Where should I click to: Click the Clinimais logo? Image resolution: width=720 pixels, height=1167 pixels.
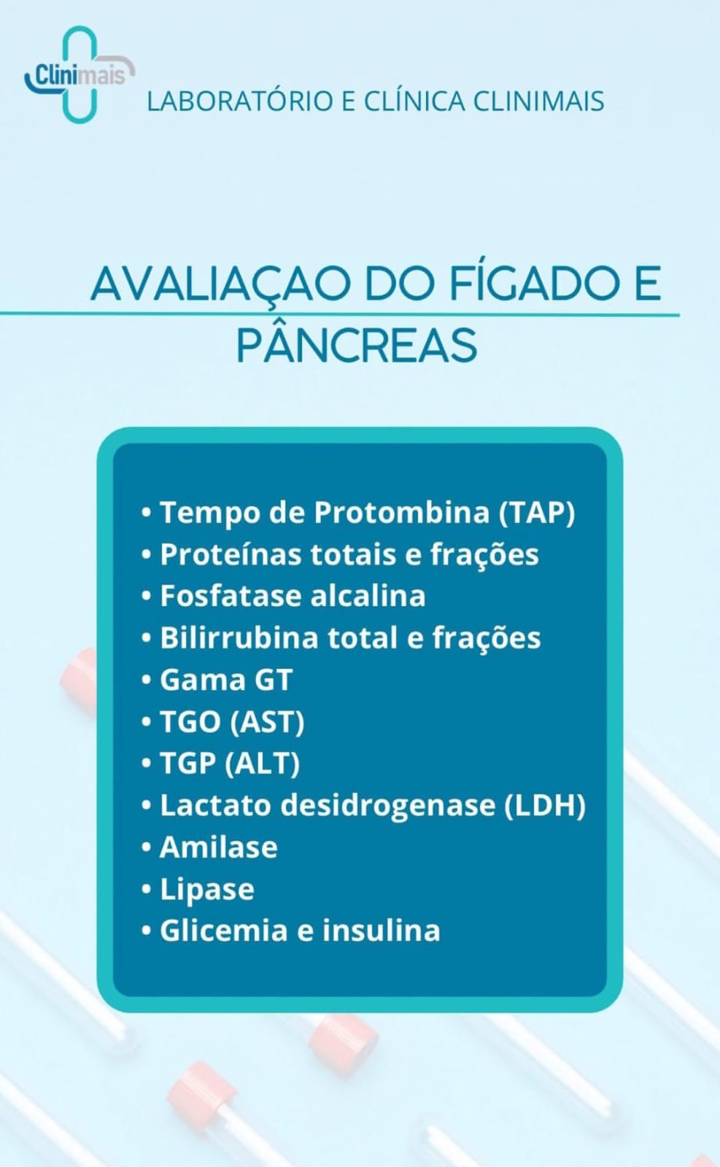80,74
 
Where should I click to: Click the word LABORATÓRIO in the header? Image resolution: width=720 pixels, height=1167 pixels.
240,101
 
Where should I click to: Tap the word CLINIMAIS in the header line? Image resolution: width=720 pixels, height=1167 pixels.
538,101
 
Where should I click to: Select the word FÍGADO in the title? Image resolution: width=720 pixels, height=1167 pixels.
533,283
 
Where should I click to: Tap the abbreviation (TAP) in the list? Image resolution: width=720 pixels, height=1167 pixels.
537,513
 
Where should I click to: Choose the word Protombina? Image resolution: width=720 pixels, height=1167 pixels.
402,512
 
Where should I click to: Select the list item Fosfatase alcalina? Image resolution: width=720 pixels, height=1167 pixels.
293,595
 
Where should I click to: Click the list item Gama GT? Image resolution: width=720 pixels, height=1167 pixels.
226,679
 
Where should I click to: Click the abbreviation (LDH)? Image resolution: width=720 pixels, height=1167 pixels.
544,805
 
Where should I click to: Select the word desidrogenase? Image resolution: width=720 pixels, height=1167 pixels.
388,805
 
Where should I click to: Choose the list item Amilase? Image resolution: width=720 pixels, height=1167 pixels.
219,847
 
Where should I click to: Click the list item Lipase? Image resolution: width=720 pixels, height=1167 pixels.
207,889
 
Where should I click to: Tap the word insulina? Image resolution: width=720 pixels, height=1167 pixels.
382,931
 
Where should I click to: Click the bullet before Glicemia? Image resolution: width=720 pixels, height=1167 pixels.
147,931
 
